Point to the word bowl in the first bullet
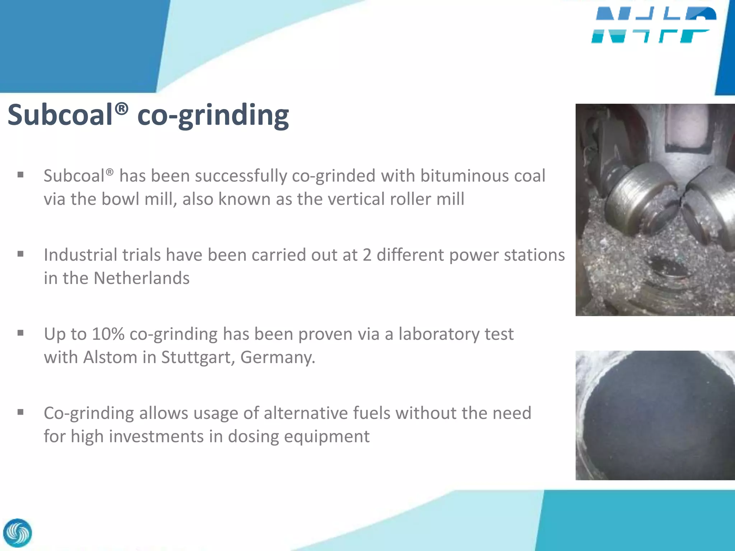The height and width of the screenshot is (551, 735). [121, 199]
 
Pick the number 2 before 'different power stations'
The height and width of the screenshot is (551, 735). [367, 255]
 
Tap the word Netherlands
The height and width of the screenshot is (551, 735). [141, 278]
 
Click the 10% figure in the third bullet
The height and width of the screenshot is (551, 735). [108, 334]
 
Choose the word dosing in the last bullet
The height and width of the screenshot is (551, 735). [253, 437]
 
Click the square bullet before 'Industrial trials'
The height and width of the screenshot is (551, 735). [20, 254]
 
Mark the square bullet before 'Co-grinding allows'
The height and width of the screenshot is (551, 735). [20, 412]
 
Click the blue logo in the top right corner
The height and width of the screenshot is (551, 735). [653, 25]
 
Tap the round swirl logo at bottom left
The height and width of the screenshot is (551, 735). [17, 533]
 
